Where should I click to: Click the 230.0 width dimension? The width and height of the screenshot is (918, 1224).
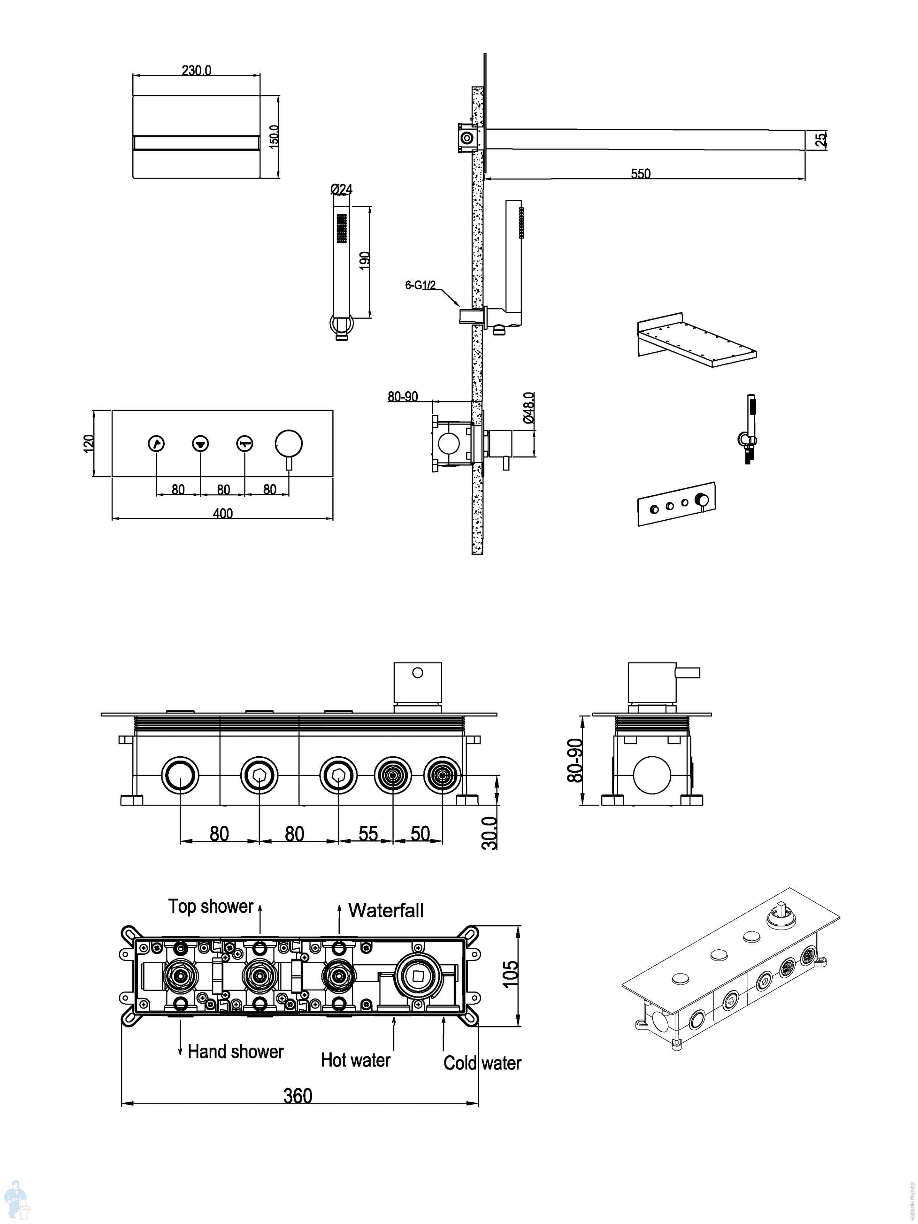tap(197, 70)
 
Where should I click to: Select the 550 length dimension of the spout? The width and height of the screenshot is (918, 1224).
tap(640, 173)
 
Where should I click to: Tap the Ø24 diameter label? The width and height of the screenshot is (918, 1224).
tap(342, 189)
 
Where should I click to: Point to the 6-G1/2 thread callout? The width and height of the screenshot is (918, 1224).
tap(420, 285)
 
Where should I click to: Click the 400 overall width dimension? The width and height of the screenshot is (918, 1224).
tap(223, 513)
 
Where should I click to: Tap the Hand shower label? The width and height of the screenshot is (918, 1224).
tap(235, 1051)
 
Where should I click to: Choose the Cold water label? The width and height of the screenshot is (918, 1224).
tap(482, 1063)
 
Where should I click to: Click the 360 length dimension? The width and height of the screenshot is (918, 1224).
tap(298, 1095)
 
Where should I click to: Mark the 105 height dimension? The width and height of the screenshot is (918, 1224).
tap(510, 974)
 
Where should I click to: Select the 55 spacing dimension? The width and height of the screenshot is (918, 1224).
tap(368, 834)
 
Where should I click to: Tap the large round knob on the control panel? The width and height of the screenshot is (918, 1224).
tap(289, 444)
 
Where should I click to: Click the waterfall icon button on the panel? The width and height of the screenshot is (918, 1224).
tap(200, 444)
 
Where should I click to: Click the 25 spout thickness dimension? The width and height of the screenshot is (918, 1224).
tap(821, 138)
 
